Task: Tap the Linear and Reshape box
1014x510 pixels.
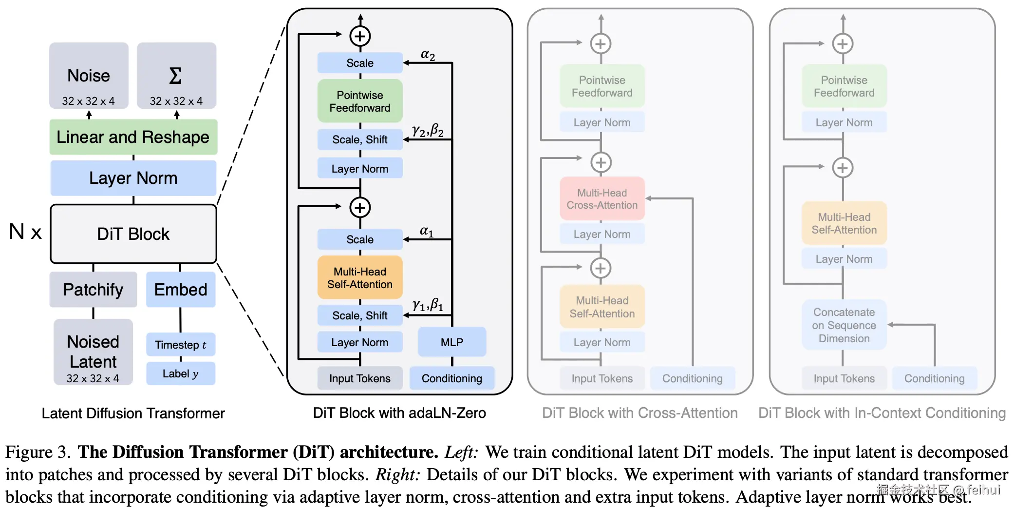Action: [133, 137]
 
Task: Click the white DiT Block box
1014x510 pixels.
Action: [133, 234]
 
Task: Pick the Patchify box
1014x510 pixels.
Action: [93, 290]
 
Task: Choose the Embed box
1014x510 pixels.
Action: [181, 290]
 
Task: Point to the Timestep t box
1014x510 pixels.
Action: [181, 345]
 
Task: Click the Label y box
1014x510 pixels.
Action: [181, 373]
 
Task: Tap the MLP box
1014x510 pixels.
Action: [452, 342]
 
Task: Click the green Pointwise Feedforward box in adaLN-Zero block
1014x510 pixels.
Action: [360, 101]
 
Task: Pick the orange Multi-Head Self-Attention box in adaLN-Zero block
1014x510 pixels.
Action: [360, 278]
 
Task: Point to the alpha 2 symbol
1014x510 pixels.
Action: [428, 55]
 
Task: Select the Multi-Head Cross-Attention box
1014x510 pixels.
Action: [602, 199]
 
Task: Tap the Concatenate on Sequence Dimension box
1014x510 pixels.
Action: [844, 325]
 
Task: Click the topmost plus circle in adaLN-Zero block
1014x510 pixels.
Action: [360, 36]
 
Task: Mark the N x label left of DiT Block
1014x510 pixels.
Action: [25, 232]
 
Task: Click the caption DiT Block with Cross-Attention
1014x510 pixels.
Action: [639, 413]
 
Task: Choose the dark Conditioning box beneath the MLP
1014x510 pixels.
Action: [452, 378]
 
